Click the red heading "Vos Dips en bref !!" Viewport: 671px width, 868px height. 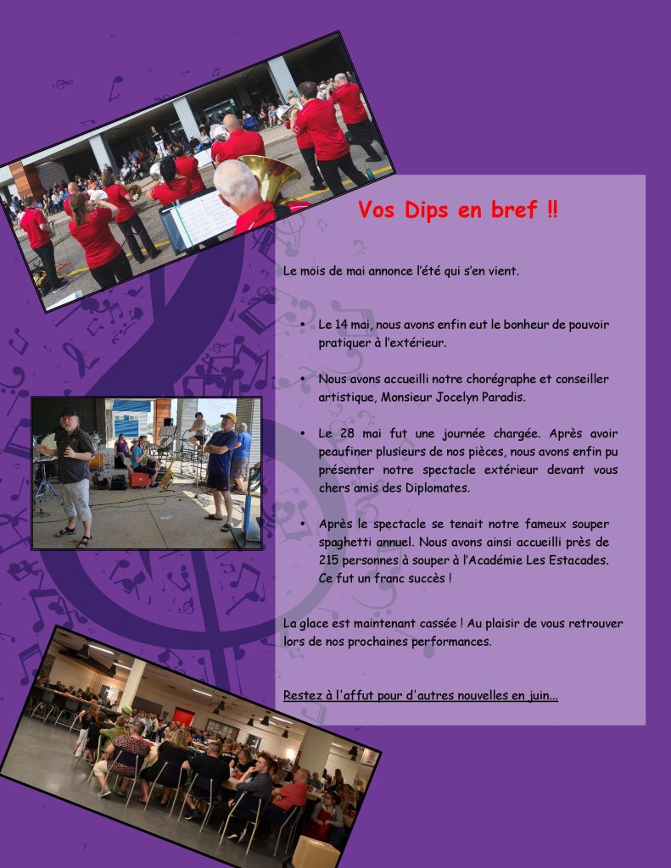pos(458,210)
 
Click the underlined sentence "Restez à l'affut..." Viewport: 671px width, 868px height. pos(421,695)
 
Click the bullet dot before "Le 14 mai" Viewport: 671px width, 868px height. pos(303,324)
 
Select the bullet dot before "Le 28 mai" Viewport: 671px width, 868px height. pos(303,433)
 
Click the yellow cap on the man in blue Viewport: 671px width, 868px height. pos(227,417)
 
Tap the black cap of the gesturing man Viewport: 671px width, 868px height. pos(69,413)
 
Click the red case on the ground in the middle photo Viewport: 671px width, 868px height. pos(140,479)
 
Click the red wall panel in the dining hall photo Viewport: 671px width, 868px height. pos(183,716)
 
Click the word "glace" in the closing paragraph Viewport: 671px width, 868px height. pos(312,623)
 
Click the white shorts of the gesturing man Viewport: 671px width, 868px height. pos(75,498)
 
